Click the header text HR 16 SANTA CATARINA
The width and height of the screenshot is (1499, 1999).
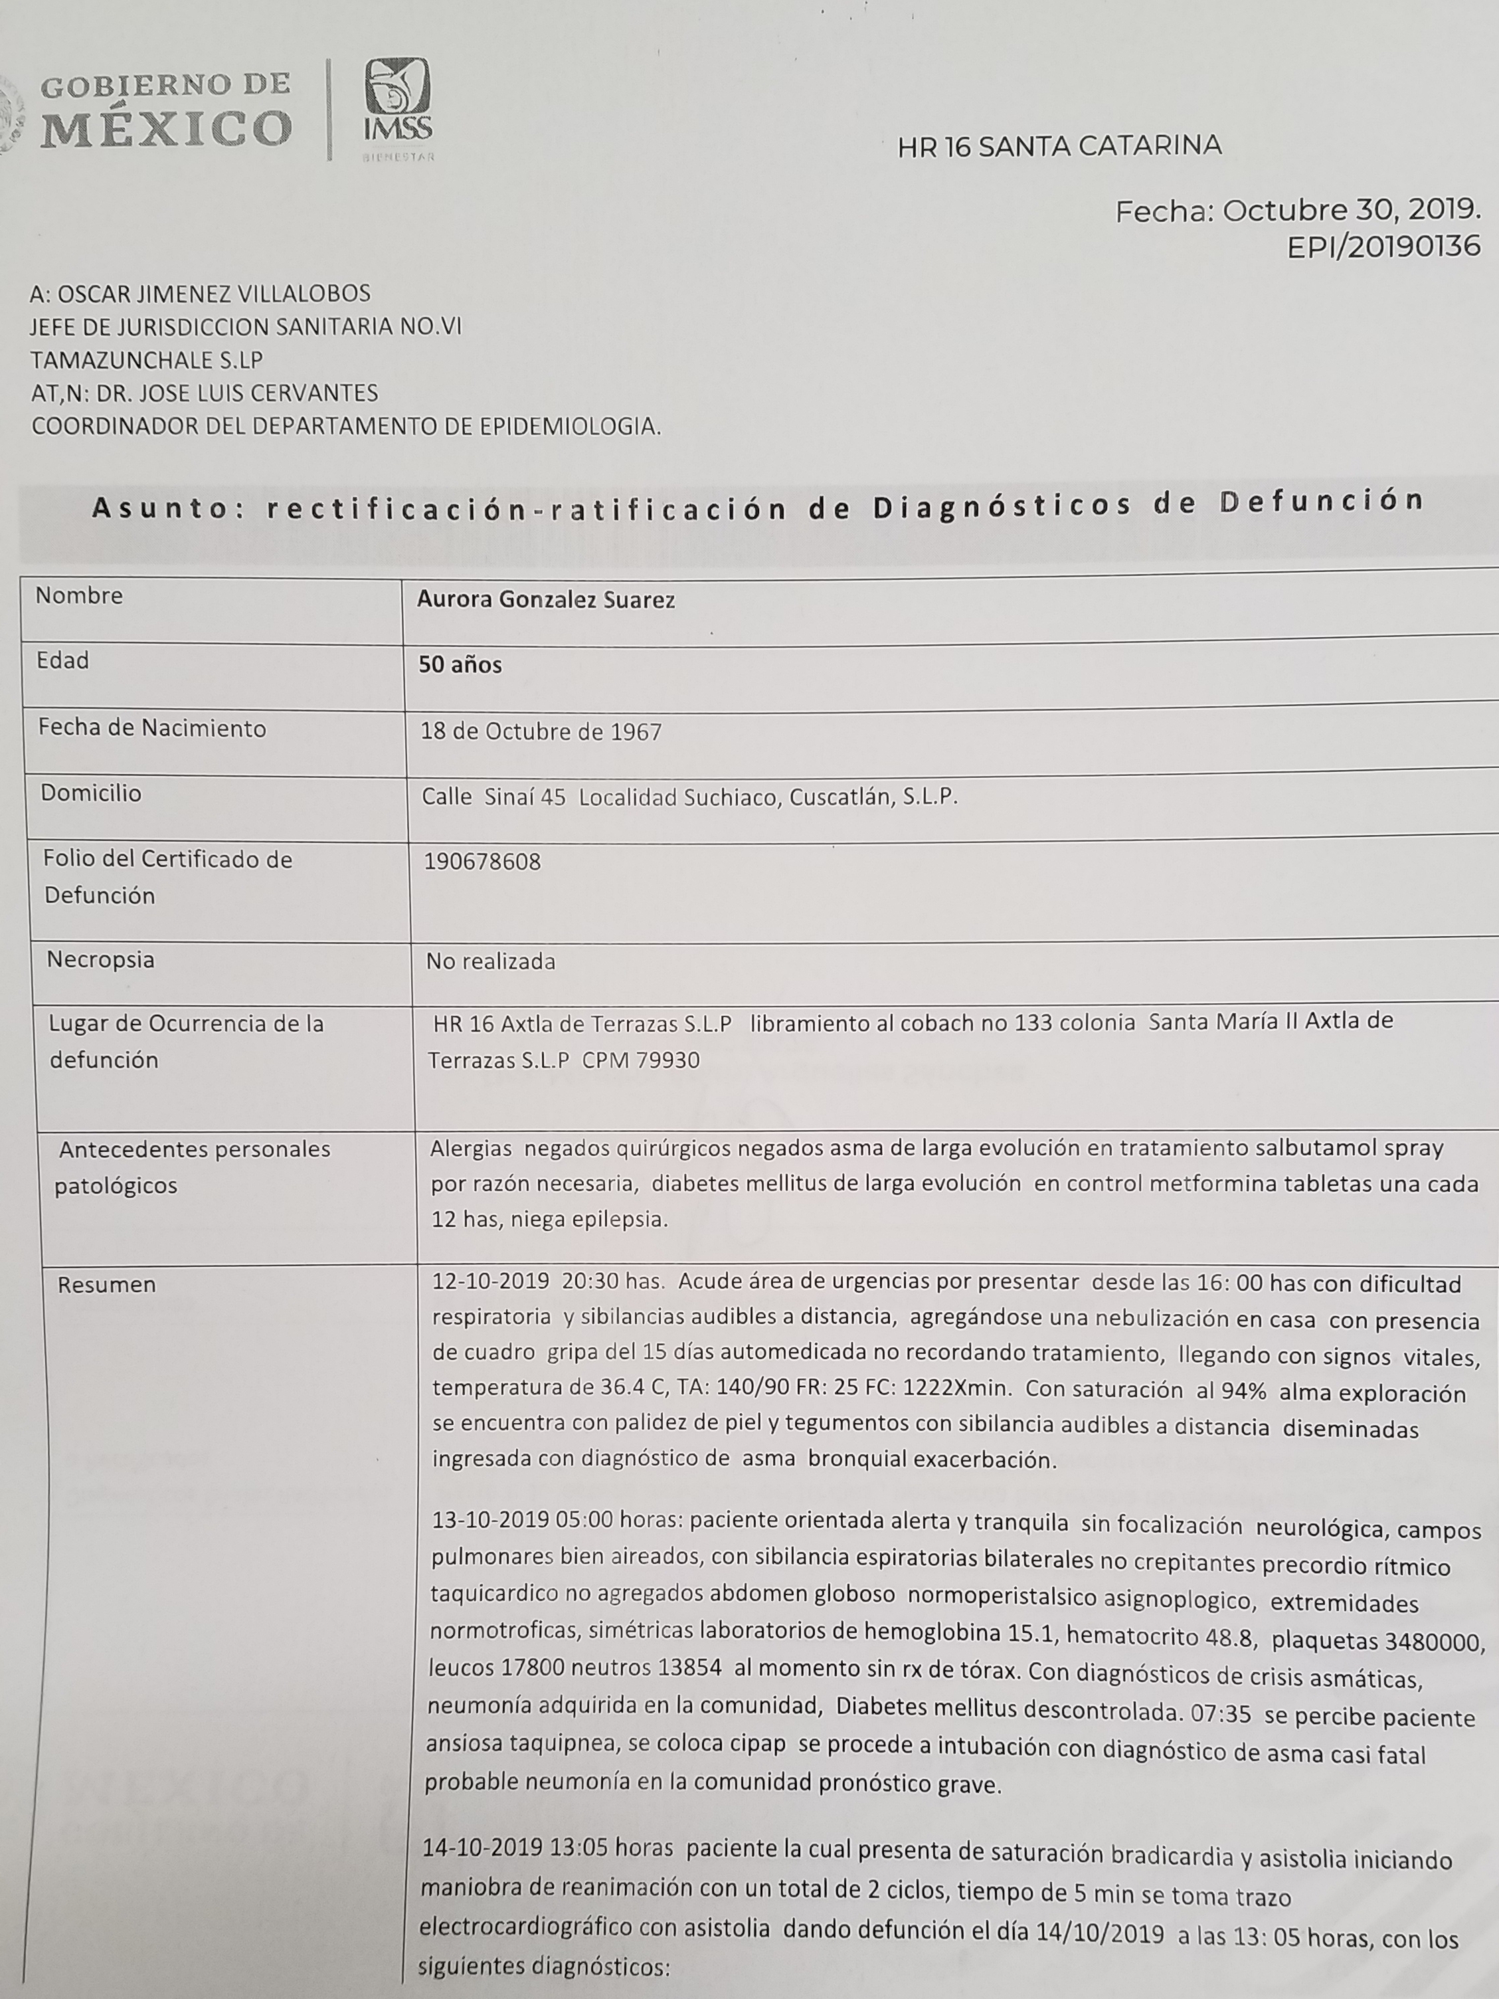[x=1059, y=146]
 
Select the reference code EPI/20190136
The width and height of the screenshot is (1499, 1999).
[x=1383, y=246]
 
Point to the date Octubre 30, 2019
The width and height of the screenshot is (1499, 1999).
[x=1352, y=211]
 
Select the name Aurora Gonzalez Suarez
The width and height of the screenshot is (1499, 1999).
[x=546, y=600]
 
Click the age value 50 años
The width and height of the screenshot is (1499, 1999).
[x=460, y=665]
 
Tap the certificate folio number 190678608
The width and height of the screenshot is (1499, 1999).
[x=482, y=862]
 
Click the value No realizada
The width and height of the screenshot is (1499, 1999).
[x=491, y=961]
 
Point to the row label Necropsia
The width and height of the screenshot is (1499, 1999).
[x=100, y=960]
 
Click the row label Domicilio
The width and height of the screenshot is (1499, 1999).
[x=90, y=793]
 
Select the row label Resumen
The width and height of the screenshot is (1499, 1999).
[x=107, y=1284]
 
